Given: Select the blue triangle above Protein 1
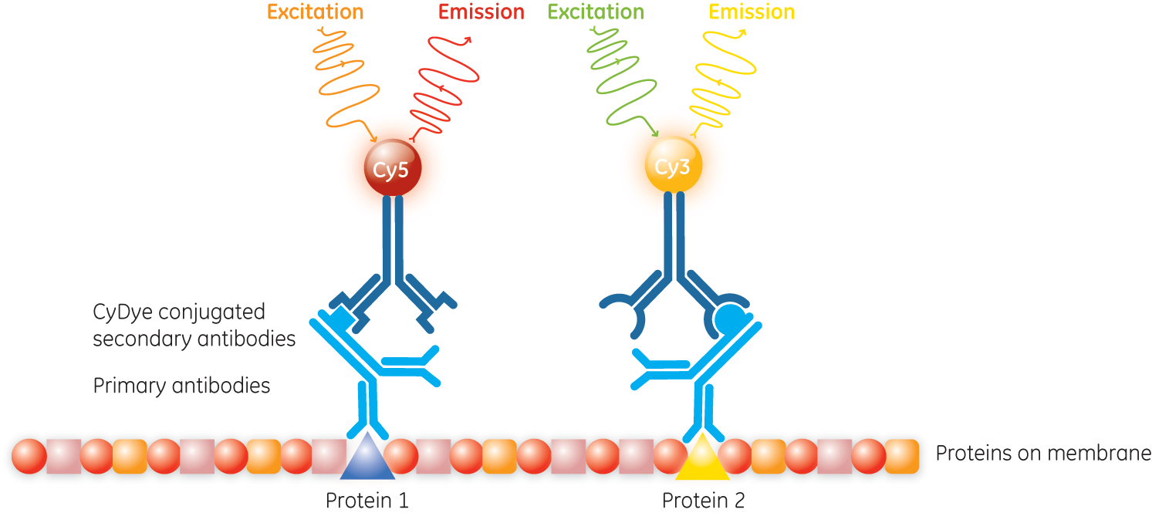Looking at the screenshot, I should (367, 456).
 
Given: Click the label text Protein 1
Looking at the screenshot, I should (367, 501).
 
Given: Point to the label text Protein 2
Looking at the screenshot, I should (703, 501).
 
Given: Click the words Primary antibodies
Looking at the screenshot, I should (181, 385).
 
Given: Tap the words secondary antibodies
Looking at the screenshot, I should (194, 339).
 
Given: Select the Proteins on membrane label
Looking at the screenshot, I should (1042, 459).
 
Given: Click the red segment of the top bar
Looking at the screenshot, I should (493, 11).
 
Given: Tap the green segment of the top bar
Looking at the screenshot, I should (628, 11).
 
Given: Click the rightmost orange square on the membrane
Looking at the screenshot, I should (902, 456).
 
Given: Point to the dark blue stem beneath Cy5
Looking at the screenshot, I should (393, 231).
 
